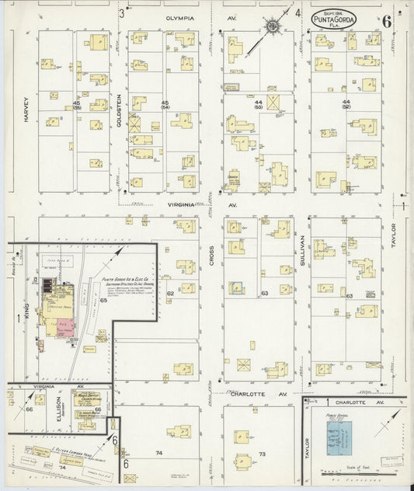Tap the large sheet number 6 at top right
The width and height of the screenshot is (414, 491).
(386, 21)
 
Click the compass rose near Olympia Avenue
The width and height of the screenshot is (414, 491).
(273, 29)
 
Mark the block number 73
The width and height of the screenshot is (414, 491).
(263, 454)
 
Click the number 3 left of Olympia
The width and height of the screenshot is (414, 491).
(122, 14)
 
